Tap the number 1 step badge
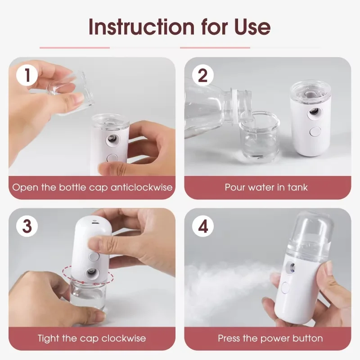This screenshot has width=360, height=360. [x=27, y=75]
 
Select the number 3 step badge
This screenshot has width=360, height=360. [x=27, y=226]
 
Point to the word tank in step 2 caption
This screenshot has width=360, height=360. [x=297, y=187]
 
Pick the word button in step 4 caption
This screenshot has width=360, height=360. [x=307, y=338]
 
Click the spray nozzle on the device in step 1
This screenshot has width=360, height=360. [x=110, y=140]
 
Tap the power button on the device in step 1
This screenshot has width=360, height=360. [x=112, y=158]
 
